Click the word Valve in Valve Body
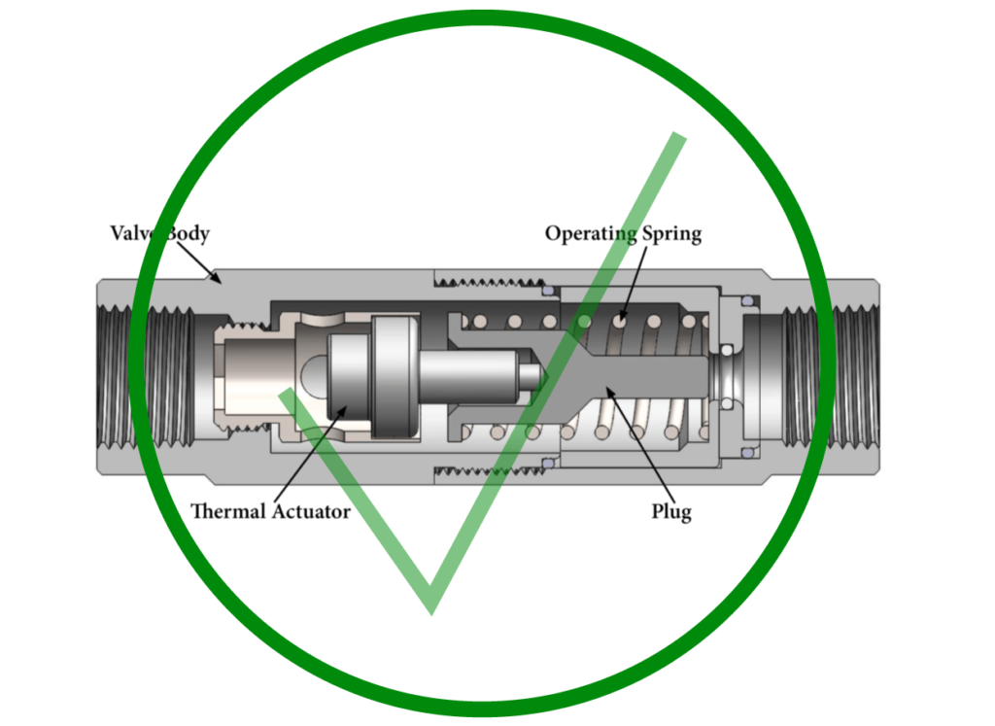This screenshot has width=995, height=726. pos(133,234)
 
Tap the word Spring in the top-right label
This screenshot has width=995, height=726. pos(669,234)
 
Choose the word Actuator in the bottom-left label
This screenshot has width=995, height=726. pos(310,511)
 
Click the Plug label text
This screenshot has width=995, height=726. pos(670,511)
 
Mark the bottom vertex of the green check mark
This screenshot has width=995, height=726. pos(430,607)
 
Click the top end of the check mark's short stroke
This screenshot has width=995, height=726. pos(285,394)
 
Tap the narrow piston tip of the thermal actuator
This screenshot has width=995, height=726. pos(531,372)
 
